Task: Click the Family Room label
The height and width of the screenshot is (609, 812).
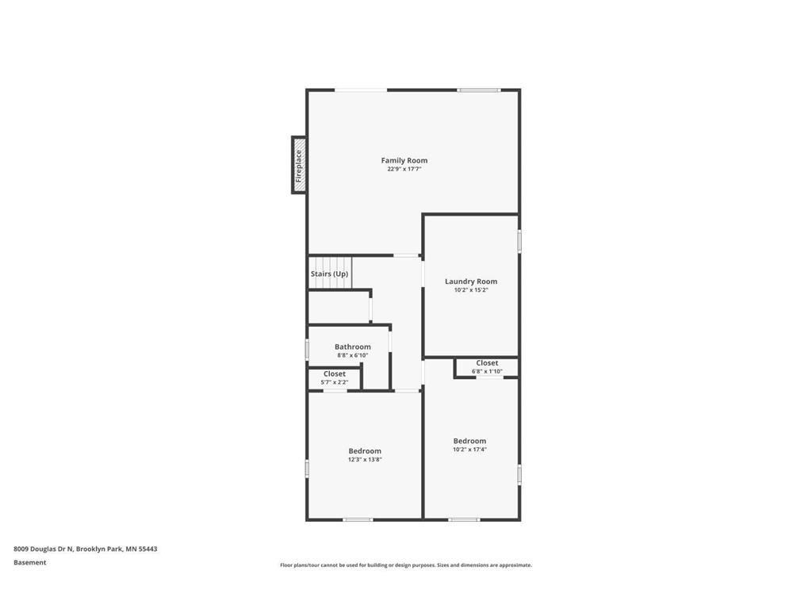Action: (x=404, y=160)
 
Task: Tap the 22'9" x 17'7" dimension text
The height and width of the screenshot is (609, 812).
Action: (x=404, y=169)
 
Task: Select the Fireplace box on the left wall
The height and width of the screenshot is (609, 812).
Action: (x=299, y=165)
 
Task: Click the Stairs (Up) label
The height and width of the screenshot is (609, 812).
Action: (x=329, y=274)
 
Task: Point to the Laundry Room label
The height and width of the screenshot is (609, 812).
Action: (x=471, y=282)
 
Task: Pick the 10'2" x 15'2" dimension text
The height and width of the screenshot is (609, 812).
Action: (x=471, y=290)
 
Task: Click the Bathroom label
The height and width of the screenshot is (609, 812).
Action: (x=352, y=347)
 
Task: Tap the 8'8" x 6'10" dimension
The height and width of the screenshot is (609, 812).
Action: (x=352, y=355)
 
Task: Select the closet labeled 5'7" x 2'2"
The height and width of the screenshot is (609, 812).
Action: (x=334, y=377)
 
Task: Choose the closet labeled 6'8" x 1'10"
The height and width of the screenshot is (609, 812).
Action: (x=487, y=366)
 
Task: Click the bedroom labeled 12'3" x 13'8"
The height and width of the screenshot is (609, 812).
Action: (x=365, y=454)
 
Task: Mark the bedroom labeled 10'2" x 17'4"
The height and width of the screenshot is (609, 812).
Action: (x=469, y=444)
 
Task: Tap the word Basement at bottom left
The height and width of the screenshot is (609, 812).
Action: (x=30, y=562)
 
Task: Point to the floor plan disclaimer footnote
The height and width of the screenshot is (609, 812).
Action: (x=405, y=565)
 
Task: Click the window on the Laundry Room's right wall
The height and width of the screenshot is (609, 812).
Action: (x=519, y=240)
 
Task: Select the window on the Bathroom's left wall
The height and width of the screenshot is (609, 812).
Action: (x=308, y=349)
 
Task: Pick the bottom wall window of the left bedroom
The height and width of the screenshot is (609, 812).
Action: (x=358, y=519)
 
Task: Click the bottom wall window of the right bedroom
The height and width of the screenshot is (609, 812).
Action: (x=464, y=519)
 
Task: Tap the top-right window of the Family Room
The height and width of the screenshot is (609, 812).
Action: (x=478, y=90)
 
